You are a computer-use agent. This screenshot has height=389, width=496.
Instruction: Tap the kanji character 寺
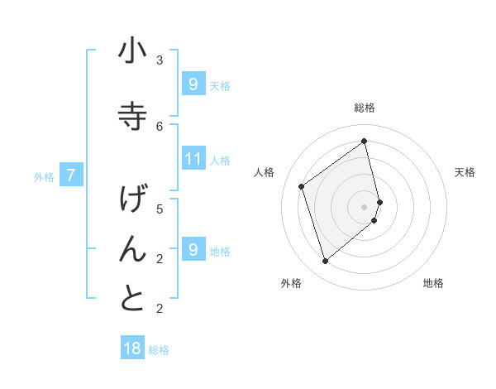[x=132, y=117]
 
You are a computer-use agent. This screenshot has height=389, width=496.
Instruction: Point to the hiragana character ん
[x=132, y=249]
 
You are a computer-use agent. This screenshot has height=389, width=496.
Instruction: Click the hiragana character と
[x=132, y=299]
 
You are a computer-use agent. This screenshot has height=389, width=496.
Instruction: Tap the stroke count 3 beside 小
[x=160, y=60]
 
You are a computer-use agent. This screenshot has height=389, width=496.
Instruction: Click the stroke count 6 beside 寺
[x=160, y=126]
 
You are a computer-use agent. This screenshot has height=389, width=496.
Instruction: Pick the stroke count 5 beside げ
[x=160, y=209]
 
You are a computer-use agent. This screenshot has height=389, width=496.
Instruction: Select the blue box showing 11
[x=193, y=159]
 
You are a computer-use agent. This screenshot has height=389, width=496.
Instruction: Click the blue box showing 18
[x=132, y=348]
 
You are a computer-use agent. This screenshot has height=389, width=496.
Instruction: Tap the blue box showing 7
[x=71, y=175]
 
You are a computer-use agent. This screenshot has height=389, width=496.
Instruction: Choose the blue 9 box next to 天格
[x=193, y=84]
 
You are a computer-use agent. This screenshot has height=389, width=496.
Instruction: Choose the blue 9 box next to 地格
[x=193, y=250]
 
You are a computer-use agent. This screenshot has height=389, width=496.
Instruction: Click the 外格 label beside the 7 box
[x=44, y=176]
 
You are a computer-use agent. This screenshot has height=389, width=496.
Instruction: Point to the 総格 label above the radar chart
[x=365, y=108]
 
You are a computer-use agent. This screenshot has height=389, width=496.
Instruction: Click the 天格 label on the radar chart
[x=465, y=172]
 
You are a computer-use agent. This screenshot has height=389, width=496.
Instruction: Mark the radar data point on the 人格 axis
[x=302, y=186]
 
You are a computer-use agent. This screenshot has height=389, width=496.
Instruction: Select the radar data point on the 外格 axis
[x=325, y=262]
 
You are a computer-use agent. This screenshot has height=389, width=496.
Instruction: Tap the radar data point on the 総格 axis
[x=365, y=141]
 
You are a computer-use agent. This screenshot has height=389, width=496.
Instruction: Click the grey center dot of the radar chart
[x=365, y=206]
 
